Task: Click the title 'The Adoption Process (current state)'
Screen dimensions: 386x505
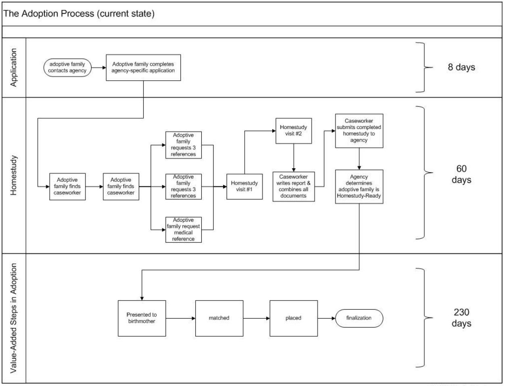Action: [79, 13]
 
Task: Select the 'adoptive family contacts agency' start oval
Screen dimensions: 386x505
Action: [67, 67]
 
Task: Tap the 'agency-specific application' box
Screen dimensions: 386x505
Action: [143, 67]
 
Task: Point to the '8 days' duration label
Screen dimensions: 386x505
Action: [461, 67]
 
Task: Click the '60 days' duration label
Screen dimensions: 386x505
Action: [461, 174]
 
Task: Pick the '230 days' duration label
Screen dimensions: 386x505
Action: [461, 318]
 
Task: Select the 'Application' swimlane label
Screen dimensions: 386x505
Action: [14, 67]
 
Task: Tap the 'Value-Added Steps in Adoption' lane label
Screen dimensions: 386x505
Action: [14, 318]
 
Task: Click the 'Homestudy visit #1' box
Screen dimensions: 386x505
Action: [244, 186]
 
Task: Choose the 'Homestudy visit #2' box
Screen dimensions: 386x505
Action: [293, 131]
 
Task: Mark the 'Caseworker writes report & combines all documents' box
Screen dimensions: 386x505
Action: [294, 186]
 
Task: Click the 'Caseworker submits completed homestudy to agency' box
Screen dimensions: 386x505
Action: [359, 131]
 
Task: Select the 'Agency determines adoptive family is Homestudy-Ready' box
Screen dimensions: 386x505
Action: [359, 186]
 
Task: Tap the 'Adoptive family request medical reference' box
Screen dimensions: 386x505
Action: [184, 230]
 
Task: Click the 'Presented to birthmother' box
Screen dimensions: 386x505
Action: [142, 318]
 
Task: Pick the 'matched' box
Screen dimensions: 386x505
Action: [219, 318]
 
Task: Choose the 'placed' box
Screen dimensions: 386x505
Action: [293, 318]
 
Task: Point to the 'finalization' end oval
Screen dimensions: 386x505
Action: [359, 318]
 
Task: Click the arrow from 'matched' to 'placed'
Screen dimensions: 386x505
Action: [257, 318]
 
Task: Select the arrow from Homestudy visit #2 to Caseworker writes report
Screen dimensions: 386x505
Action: [294, 158]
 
